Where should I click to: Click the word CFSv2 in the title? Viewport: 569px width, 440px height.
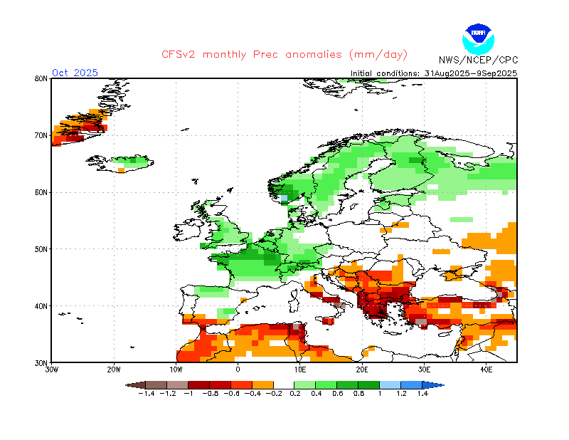[x=178, y=55]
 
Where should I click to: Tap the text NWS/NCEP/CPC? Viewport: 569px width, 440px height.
[x=477, y=60]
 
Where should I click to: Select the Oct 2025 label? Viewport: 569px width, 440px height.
[x=75, y=73]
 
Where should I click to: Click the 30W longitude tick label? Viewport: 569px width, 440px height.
[x=52, y=370]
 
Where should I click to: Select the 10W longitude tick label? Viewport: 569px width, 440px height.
[x=176, y=370]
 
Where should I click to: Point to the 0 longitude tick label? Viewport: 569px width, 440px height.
[x=238, y=370]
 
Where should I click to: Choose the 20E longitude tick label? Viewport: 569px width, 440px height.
[x=362, y=370]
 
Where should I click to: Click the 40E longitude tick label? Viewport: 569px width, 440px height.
[x=486, y=370]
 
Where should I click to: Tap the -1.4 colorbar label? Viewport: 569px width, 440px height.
[x=145, y=394]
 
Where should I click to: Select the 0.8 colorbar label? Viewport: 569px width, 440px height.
[x=358, y=394]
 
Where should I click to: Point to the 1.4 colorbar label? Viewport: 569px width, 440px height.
[x=422, y=394]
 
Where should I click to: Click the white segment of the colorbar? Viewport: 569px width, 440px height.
[x=284, y=384]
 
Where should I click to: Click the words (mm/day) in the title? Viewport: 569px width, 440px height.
[x=376, y=55]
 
